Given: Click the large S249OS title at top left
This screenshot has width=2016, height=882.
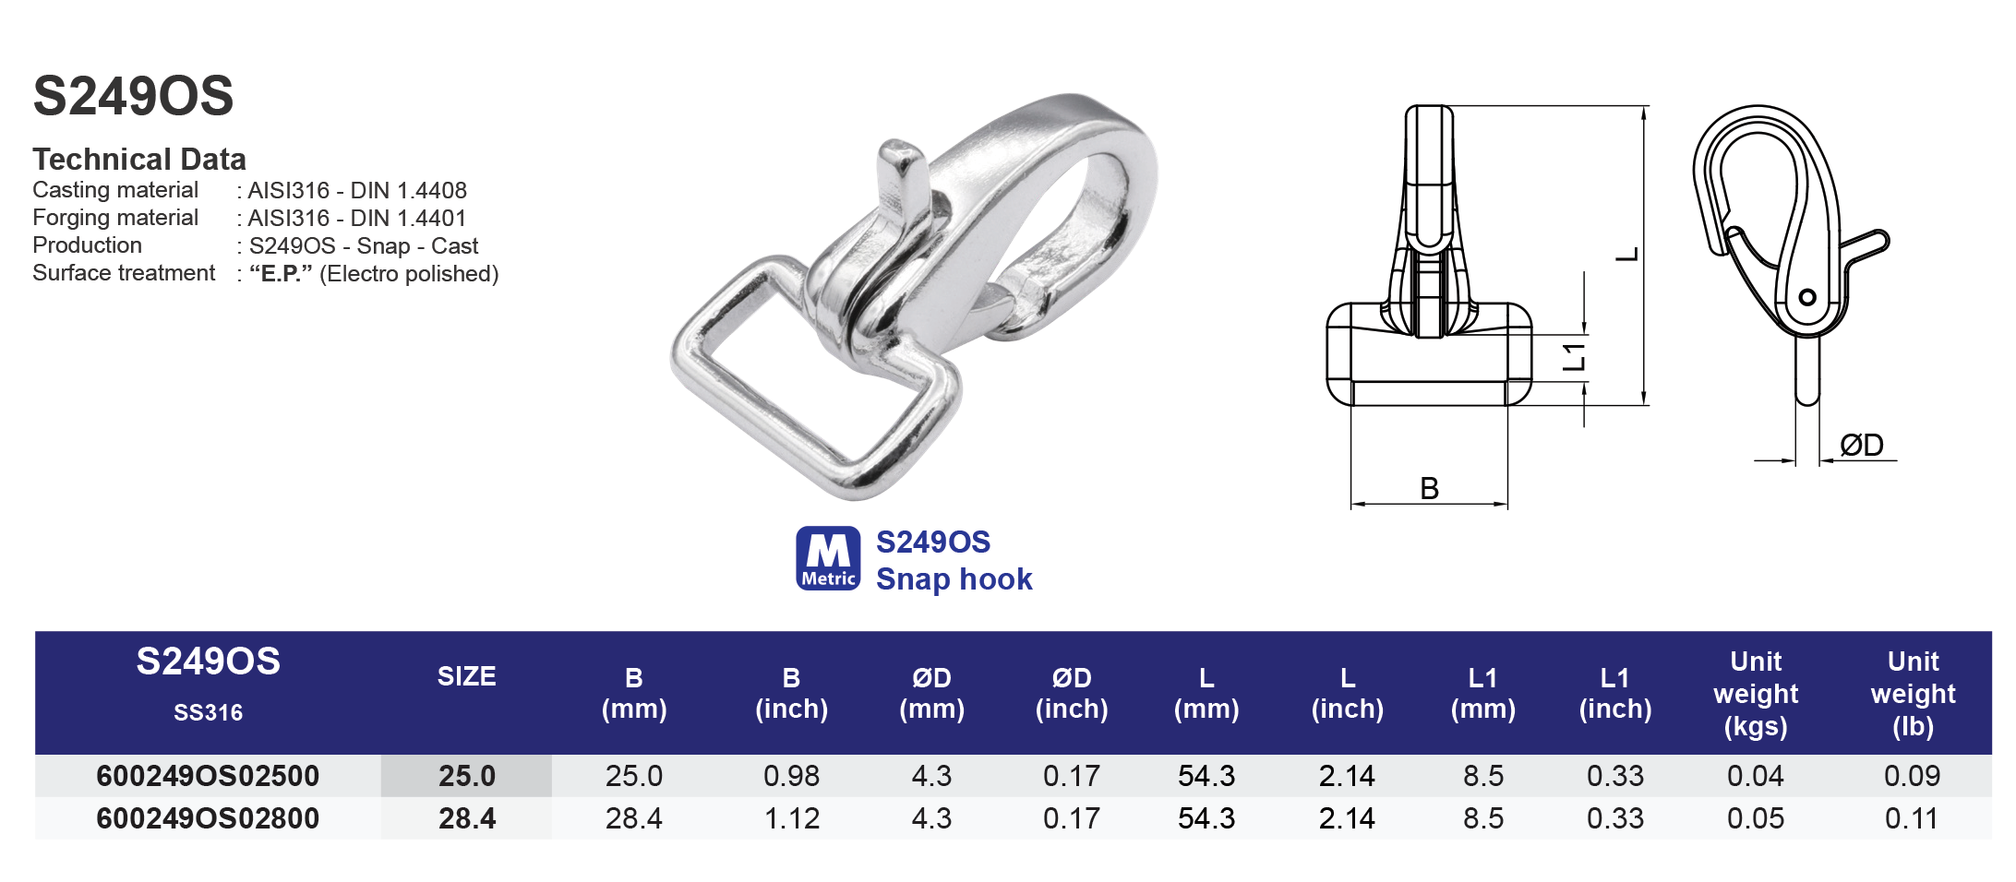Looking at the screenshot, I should [x=134, y=96].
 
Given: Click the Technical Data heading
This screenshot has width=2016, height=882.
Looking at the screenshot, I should [x=139, y=160].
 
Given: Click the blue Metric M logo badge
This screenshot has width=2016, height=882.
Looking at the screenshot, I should [x=828, y=558].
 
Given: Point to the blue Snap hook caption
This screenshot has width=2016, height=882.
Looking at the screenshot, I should [x=954, y=579].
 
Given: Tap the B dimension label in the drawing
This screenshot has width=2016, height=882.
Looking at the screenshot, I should [x=1429, y=488].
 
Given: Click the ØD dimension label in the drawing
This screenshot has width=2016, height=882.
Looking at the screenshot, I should [x=1861, y=446].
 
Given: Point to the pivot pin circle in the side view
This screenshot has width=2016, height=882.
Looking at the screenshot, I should [x=1807, y=297].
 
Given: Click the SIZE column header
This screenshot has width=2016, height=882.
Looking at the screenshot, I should [x=466, y=677].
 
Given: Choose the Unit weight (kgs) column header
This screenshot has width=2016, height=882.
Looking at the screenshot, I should [x=1756, y=694].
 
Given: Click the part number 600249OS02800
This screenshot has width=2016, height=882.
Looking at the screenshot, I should [x=208, y=818].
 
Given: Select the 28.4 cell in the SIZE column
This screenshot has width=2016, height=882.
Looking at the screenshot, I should [x=466, y=818].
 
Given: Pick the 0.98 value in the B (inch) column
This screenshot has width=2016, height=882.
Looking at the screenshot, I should [x=791, y=776].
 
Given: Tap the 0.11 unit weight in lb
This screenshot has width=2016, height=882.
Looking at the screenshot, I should [x=1912, y=818].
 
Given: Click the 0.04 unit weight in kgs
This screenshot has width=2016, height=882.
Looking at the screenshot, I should [x=1755, y=776].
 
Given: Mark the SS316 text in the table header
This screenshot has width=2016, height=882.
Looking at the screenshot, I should [x=208, y=713].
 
